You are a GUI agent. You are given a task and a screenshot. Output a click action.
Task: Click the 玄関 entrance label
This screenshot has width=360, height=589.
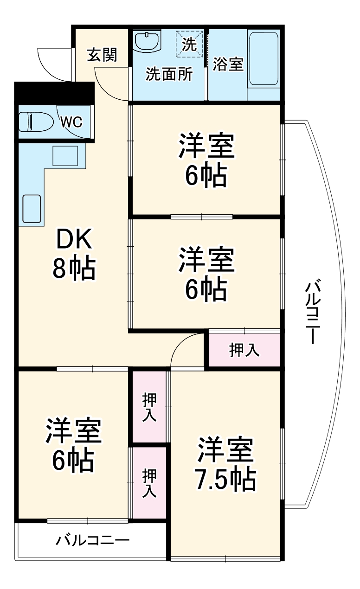click(x=102, y=55)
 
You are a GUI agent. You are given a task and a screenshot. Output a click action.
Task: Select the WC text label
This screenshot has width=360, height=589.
click(x=71, y=122)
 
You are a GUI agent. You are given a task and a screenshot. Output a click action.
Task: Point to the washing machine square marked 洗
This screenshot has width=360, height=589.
click(x=189, y=44)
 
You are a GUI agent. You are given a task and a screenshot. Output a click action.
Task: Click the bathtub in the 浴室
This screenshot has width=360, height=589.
click(x=264, y=59)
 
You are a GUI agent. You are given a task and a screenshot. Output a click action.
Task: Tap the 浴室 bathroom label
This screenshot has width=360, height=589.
click(x=228, y=64)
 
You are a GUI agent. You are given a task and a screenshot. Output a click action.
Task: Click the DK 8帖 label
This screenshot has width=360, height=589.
click(x=74, y=254)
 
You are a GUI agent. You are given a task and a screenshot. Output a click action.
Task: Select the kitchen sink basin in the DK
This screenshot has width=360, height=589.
click(x=32, y=209)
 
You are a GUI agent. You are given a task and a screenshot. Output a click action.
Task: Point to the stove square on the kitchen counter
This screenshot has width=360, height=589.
click(x=65, y=155)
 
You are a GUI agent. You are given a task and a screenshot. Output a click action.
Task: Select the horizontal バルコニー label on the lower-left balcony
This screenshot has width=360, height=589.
click(x=93, y=540)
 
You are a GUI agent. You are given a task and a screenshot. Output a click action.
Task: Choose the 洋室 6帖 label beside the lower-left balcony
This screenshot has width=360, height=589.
click(x=73, y=445)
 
